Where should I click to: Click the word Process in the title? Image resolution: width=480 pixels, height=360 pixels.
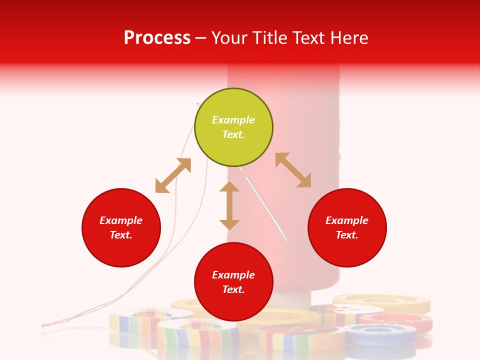coord(157,37)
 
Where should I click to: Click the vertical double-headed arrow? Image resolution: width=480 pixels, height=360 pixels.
coord(229,206)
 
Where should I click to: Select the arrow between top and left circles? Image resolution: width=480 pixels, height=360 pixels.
coord(173,175)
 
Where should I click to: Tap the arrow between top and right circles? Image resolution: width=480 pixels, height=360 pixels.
coord(293,170)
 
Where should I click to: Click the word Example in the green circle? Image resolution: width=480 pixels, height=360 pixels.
coord(233,120)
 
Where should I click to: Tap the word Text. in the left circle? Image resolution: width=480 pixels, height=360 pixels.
coord(121,235)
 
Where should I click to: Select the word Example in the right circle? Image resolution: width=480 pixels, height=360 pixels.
coord(347,220)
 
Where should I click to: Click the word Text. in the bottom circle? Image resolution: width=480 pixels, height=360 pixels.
coord(233,289)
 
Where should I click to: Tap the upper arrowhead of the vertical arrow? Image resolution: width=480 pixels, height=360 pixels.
coord(229,187)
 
